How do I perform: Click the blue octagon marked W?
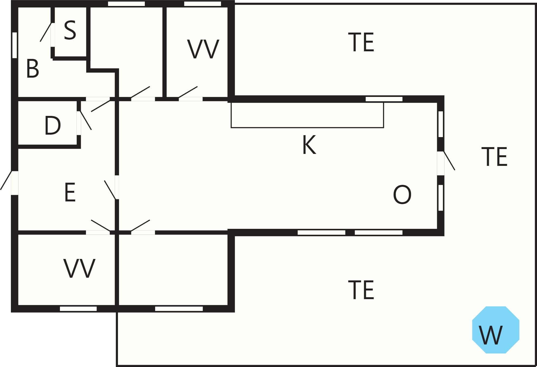[x=496, y=330]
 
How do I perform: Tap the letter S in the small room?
[x=70, y=30]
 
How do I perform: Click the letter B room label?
[x=33, y=69]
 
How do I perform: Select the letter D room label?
[x=52, y=125]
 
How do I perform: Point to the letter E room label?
[x=70, y=192]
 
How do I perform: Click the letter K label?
[x=309, y=145]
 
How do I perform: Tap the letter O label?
[x=402, y=195]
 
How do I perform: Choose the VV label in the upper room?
[x=203, y=49]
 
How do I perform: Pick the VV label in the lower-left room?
[x=79, y=268]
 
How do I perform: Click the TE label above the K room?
[x=361, y=42]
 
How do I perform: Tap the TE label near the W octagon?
[x=361, y=290]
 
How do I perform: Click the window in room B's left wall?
[x=15, y=45]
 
